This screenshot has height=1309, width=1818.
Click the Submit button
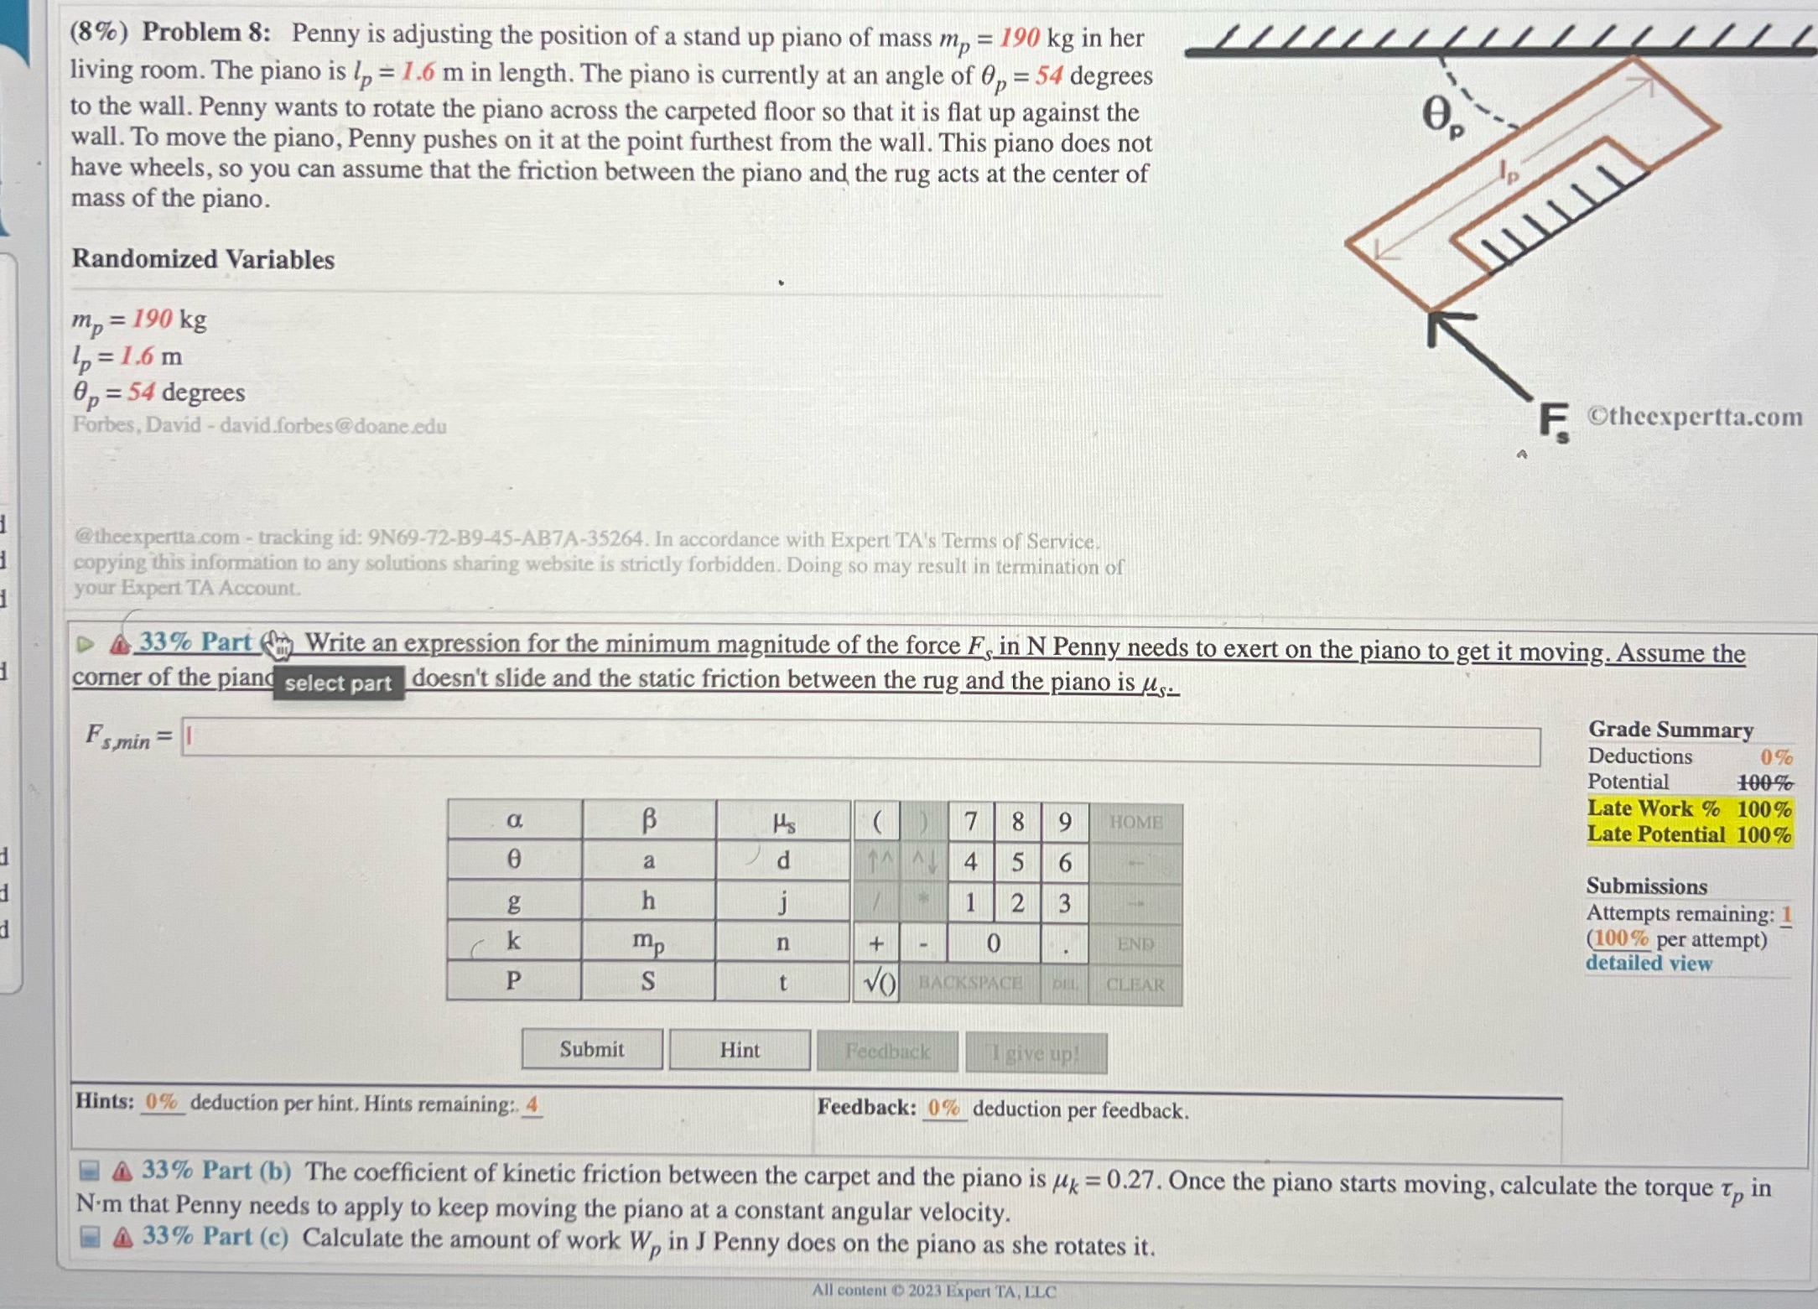point(592,1050)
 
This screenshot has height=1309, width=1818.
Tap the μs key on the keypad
point(783,821)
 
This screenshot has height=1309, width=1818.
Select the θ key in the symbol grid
point(514,860)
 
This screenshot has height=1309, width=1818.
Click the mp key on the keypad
point(648,942)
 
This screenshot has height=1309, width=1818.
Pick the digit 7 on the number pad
point(970,822)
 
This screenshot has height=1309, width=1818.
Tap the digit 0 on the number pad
point(993,943)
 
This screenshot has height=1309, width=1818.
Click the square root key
point(877,983)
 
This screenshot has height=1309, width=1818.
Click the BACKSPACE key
point(970,983)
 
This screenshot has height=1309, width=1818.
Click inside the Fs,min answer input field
point(860,744)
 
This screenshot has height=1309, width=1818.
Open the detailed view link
point(1649,964)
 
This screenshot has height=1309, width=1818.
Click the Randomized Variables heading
point(203,259)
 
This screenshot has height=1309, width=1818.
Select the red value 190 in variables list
point(152,319)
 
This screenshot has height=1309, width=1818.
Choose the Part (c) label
point(216,1237)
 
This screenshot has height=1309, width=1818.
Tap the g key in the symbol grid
point(514,901)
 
